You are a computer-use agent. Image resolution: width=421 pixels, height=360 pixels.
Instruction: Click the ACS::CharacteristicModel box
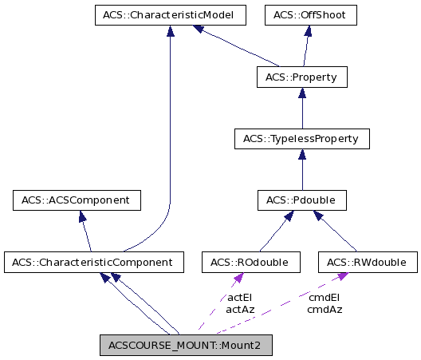(168, 15)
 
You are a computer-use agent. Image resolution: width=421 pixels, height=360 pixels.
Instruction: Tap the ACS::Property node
(301, 77)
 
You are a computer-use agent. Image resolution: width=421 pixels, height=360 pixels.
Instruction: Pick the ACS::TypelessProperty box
(301, 139)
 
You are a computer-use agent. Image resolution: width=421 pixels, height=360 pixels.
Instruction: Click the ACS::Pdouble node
(301, 200)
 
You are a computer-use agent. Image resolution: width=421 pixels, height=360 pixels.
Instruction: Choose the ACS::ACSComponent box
(77, 200)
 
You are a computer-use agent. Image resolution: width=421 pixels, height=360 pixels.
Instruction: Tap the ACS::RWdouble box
(367, 262)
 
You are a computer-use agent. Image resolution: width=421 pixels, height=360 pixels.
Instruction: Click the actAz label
(240, 308)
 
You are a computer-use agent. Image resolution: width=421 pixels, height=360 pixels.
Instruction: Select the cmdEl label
(325, 297)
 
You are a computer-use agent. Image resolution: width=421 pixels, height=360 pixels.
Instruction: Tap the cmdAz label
(325, 308)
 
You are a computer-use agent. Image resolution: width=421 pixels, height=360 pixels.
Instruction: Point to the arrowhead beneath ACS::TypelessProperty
(301, 154)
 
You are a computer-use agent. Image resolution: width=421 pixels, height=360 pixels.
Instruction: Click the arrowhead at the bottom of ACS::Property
(301, 93)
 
